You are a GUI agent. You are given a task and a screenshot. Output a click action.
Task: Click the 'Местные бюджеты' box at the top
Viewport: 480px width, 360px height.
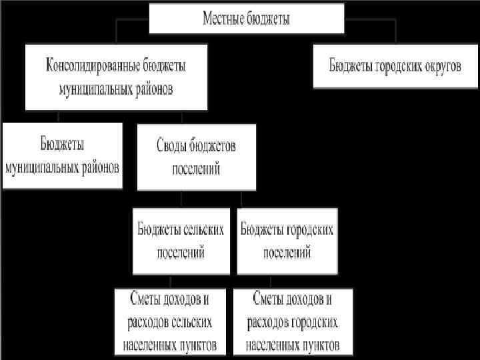pos(246,18)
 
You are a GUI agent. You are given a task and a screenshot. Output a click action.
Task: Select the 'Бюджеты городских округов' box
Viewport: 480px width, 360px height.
pos(395,66)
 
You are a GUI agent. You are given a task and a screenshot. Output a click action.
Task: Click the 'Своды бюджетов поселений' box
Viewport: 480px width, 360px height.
pos(196,157)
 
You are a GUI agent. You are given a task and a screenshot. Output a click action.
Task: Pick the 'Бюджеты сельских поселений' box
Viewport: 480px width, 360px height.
pos(181,241)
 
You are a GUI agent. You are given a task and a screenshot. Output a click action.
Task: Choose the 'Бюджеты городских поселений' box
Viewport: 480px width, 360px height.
pos(287,241)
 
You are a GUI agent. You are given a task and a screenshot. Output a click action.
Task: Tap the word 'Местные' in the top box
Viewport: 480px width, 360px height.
pos(223,19)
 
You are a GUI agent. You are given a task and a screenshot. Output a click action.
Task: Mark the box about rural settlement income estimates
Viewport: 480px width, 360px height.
pos(169,322)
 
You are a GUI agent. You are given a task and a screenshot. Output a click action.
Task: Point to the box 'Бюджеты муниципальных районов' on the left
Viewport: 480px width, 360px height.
pos(62,155)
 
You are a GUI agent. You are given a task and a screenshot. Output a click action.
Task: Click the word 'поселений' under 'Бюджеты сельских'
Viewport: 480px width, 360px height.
pos(181,253)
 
